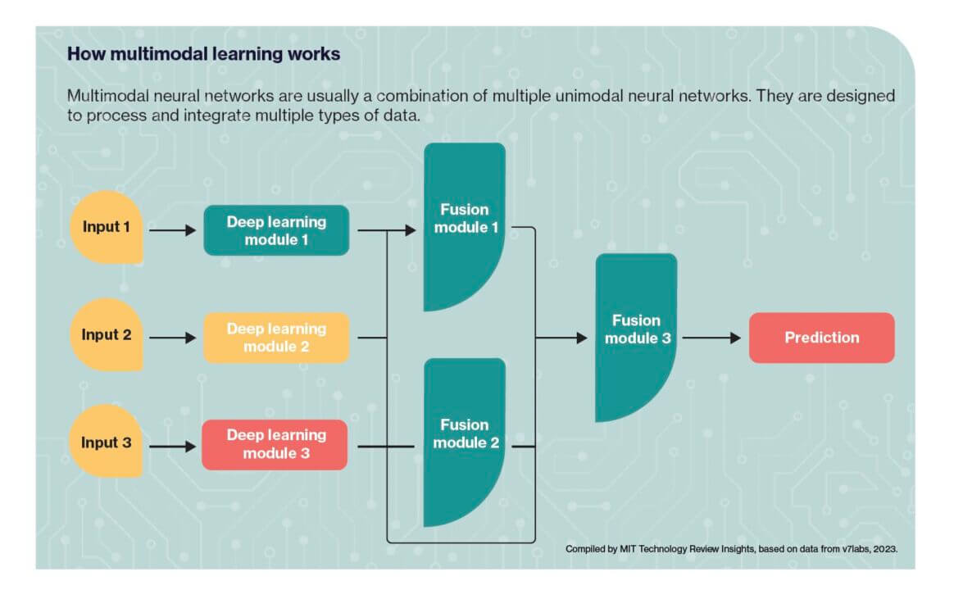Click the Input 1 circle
point(107,227)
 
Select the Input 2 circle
point(107,334)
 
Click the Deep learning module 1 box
point(276,230)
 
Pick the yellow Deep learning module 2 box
point(276,338)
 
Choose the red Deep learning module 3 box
point(275,445)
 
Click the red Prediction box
point(822,338)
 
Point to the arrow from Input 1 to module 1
point(173,230)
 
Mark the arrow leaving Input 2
point(173,338)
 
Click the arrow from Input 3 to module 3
point(173,447)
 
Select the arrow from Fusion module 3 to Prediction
point(712,338)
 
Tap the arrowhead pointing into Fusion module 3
point(582,338)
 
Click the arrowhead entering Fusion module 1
point(411,230)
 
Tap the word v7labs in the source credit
point(856,549)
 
